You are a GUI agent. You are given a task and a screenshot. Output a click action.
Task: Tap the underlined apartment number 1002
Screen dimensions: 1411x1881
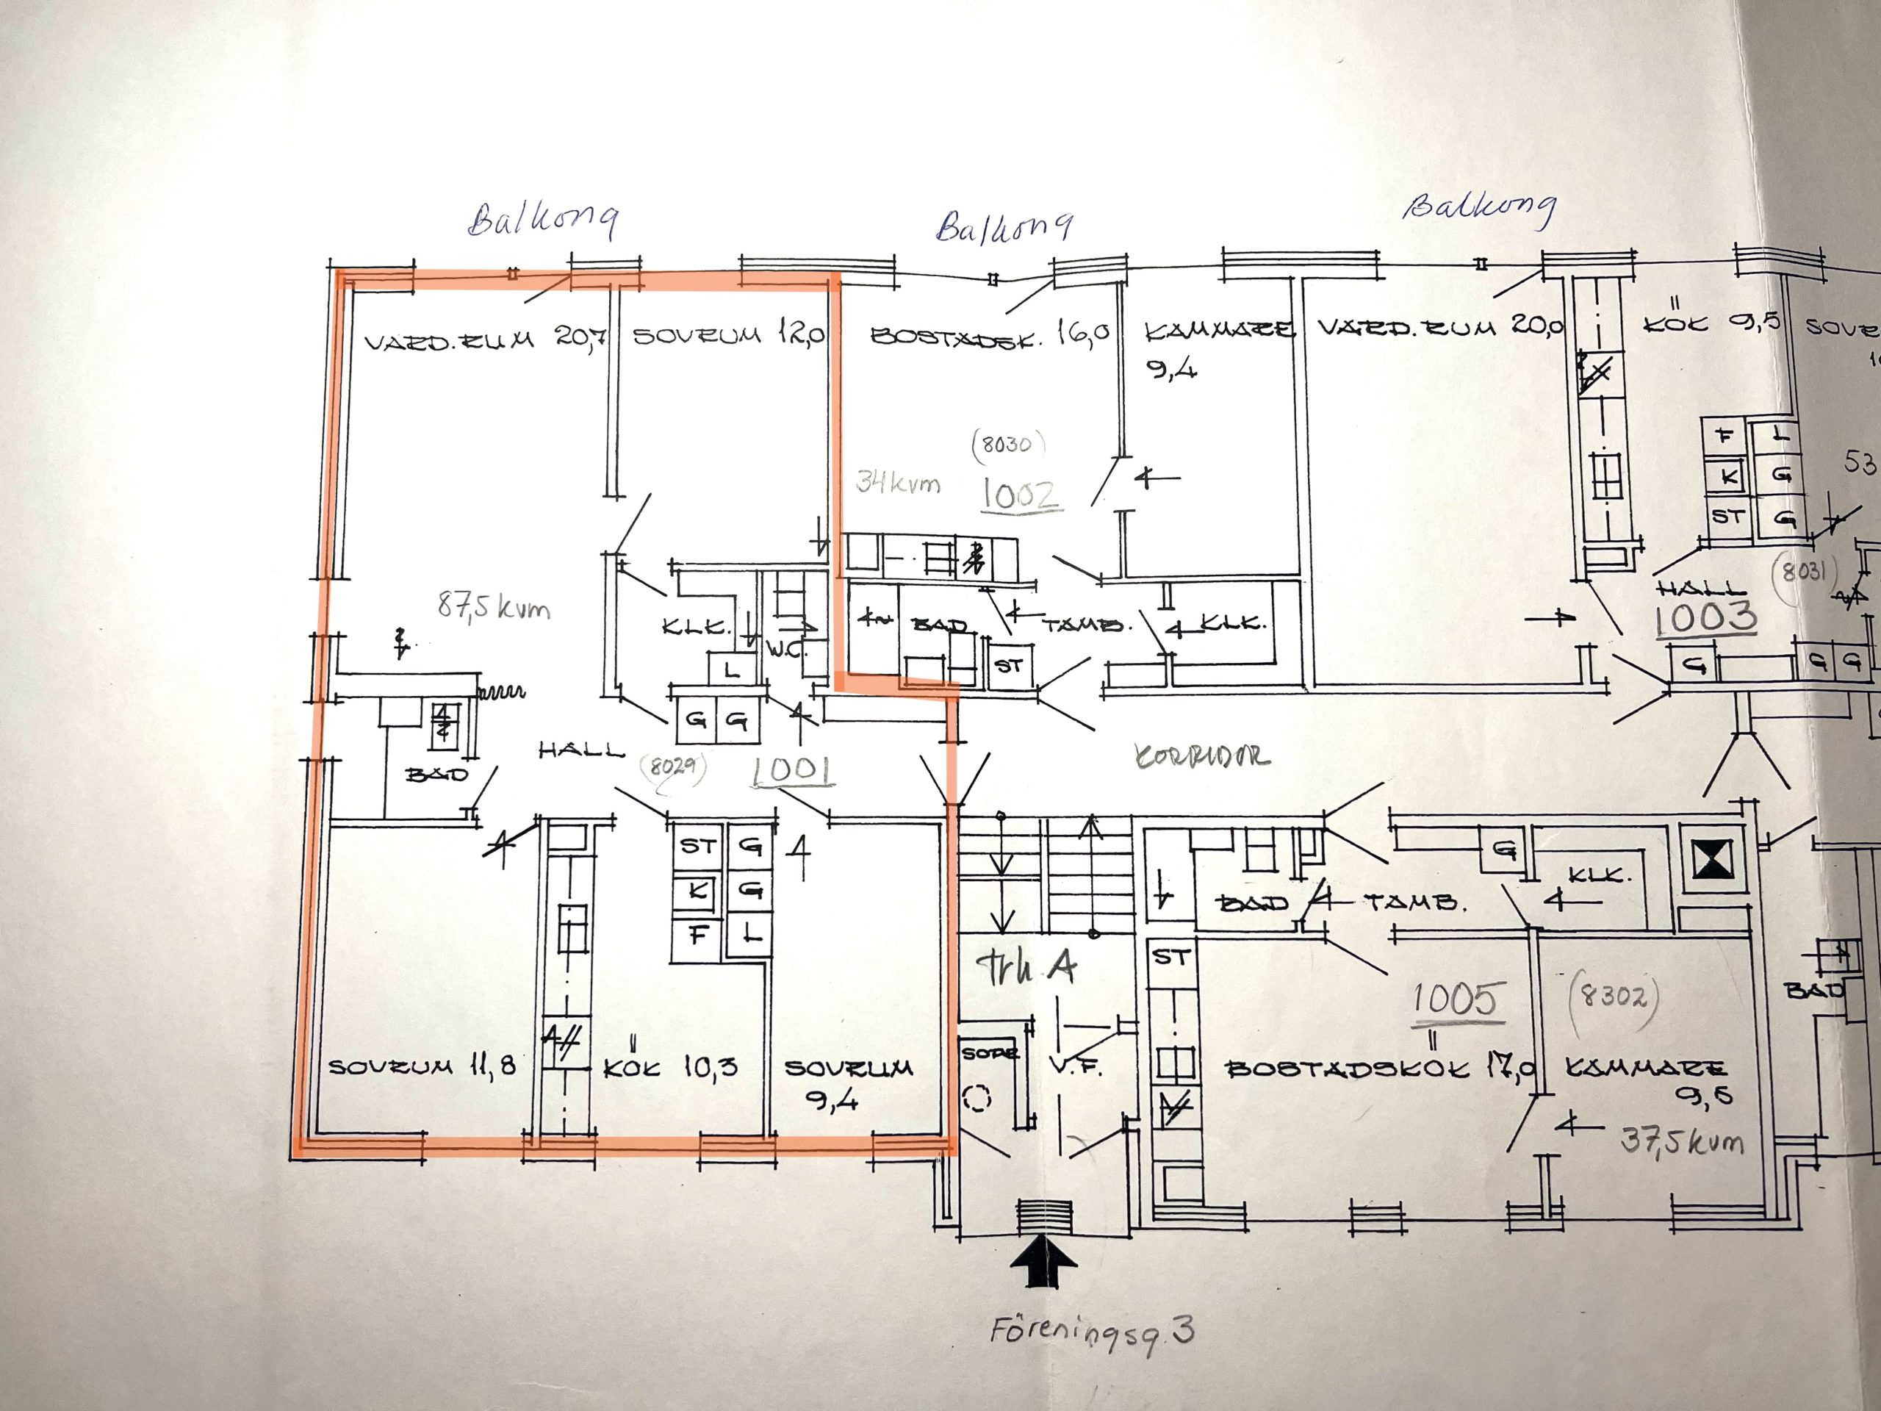(x=1021, y=494)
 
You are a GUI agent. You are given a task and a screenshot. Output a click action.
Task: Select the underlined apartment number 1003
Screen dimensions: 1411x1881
(x=1705, y=618)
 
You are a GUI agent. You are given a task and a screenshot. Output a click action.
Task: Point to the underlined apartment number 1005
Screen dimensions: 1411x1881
(x=1455, y=1000)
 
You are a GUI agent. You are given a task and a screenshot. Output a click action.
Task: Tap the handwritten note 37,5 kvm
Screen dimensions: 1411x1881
(x=1682, y=1140)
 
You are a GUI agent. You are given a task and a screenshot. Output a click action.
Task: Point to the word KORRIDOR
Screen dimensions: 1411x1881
(x=1202, y=755)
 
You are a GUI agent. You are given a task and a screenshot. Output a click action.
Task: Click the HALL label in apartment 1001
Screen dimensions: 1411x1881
(x=582, y=750)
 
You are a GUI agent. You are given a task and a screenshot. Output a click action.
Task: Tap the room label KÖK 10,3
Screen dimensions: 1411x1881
(x=670, y=1067)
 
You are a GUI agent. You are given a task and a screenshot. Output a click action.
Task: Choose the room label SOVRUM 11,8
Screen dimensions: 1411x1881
(x=422, y=1066)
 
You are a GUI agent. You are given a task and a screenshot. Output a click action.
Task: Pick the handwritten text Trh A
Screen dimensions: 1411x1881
(x=1026, y=967)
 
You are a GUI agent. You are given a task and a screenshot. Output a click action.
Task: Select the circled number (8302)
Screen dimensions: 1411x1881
(x=1616, y=997)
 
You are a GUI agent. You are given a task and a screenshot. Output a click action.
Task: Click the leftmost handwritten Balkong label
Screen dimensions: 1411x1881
(x=542, y=220)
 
